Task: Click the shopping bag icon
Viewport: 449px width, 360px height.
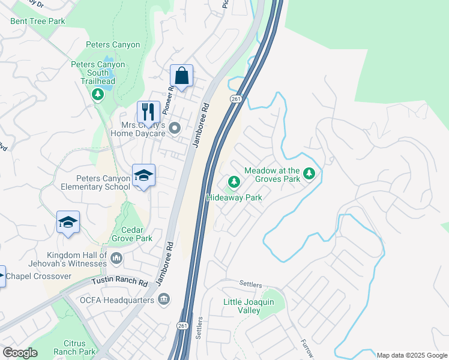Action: tap(181, 76)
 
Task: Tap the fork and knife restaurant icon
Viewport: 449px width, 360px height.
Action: tap(148, 112)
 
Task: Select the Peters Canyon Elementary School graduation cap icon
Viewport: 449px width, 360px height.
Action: tap(143, 175)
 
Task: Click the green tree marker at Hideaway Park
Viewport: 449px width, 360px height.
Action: tap(234, 181)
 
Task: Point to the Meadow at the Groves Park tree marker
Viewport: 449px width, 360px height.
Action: tap(309, 174)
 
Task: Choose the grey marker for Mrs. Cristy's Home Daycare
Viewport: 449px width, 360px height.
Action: tap(175, 128)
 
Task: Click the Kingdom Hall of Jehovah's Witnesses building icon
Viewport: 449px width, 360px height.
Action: tap(116, 259)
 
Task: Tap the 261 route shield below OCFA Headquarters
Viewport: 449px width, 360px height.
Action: tap(182, 325)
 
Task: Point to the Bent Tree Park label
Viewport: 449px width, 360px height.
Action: tap(37, 21)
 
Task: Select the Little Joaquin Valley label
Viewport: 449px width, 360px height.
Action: tap(249, 306)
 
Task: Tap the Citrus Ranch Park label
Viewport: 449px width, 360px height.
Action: tap(74, 347)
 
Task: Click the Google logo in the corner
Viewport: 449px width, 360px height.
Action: tap(20, 352)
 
